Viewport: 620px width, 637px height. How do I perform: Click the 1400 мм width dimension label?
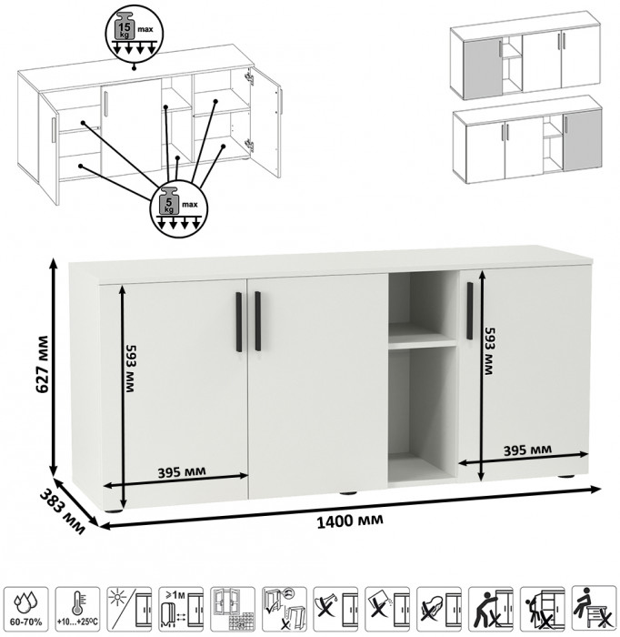pos(349,520)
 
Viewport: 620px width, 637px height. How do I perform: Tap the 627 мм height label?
pos(42,364)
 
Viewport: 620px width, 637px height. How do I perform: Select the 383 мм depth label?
pos(63,512)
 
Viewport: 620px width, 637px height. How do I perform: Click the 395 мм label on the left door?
pos(182,472)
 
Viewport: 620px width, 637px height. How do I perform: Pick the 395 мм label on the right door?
pos(527,450)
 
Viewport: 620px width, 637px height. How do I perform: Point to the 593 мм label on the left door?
pos(130,369)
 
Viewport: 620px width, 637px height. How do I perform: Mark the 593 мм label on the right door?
pos(488,351)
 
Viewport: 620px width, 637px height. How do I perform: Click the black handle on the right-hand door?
pos(469,311)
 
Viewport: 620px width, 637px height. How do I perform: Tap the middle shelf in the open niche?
pos(423,344)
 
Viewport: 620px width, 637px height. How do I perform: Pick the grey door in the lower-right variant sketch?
pos(582,141)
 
